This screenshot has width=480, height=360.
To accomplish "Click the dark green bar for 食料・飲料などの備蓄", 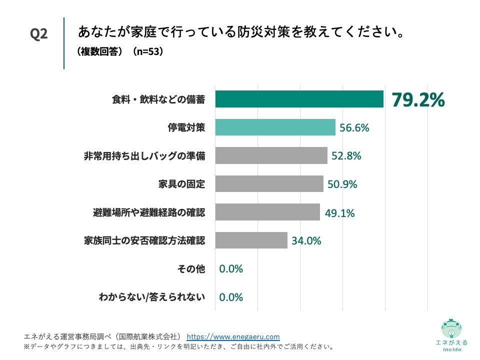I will (299, 99).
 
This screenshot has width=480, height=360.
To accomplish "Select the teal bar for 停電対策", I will (275, 127).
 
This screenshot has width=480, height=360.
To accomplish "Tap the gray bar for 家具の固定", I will (269, 183).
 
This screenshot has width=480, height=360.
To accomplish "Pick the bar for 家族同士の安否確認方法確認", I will (251, 240).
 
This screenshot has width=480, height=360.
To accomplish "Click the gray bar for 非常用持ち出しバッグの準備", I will (271, 155).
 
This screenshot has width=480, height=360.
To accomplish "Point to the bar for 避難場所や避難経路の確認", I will (267, 212).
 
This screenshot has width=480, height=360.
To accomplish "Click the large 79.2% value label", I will (417, 99).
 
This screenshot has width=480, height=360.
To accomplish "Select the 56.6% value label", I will (354, 127).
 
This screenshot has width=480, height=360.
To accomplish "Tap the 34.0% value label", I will (306, 240).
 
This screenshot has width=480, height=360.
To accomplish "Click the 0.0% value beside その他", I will (230, 268).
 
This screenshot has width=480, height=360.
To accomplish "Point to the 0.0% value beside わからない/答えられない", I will (230, 297).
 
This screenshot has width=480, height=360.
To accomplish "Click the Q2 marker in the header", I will (39, 34).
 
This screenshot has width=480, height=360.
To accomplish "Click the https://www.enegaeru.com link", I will (233, 337).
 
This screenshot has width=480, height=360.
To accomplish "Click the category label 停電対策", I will (186, 127).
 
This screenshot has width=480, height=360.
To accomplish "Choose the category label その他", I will (191, 268).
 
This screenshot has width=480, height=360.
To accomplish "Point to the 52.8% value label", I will (346, 155).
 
